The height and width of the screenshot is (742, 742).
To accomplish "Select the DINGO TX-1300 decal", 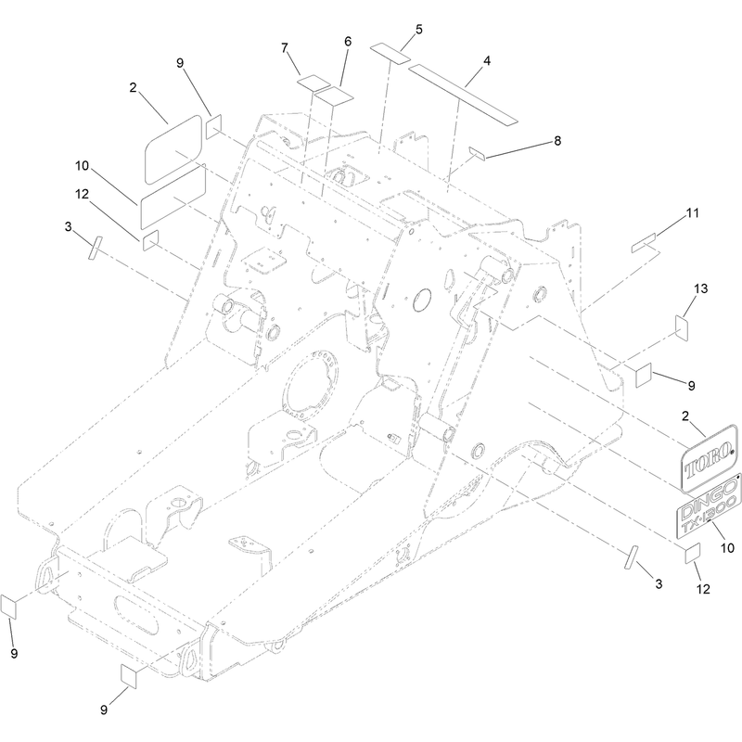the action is click(709, 506).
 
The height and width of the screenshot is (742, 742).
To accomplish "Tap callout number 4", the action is click(487, 61).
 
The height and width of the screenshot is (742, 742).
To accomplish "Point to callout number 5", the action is click(419, 30).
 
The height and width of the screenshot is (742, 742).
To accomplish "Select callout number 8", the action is click(557, 141).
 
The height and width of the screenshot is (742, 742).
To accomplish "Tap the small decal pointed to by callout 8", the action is click(477, 153).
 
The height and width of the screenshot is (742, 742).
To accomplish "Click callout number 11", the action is click(692, 213).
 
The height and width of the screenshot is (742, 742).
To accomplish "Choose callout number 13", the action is click(701, 288).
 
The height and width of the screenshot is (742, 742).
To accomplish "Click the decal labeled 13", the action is click(682, 328).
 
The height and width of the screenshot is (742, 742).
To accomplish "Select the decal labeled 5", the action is click(390, 53).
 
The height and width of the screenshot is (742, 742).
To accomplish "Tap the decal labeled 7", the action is click(313, 83).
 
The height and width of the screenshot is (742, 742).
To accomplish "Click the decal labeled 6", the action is click(335, 96).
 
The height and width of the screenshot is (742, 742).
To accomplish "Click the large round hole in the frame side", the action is click(422, 301).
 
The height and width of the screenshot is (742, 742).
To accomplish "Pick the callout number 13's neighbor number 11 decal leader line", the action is click(672, 224).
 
